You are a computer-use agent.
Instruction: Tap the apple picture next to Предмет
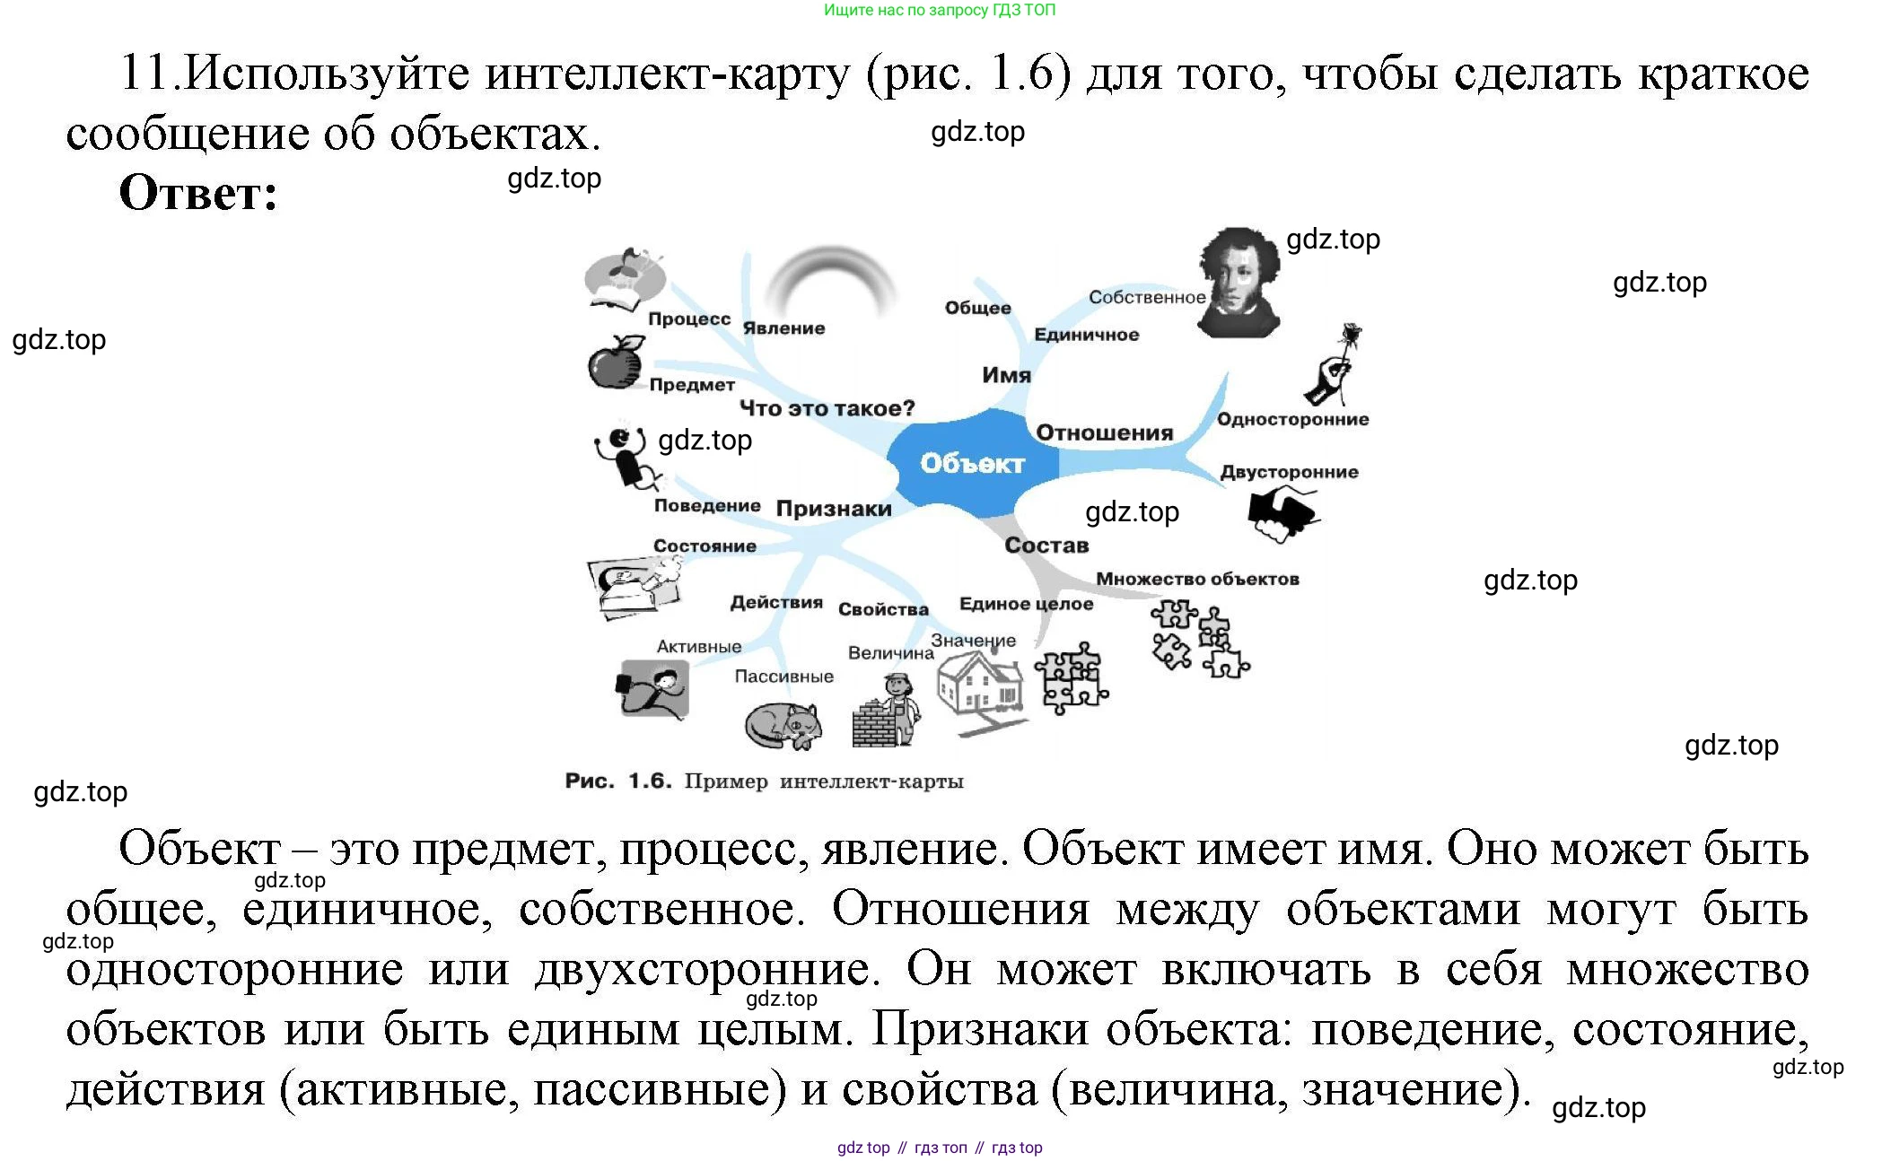click(x=616, y=363)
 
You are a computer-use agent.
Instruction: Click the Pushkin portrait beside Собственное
click(x=1239, y=283)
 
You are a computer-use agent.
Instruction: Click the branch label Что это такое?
click(x=827, y=408)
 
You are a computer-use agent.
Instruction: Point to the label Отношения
click(x=1104, y=432)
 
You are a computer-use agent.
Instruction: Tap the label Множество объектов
click(x=1197, y=579)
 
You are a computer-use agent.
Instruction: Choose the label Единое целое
click(x=1026, y=604)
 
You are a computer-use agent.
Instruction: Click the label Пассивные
click(x=783, y=677)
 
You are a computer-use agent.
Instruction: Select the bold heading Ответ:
click(x=198, y=193)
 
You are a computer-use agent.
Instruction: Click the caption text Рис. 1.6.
click(x=618, y=781)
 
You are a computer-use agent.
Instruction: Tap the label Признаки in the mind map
click(x=834, y=509)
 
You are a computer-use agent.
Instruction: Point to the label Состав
click(x=1046, y=545)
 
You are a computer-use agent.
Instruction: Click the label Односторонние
click(x=1292, y=419)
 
